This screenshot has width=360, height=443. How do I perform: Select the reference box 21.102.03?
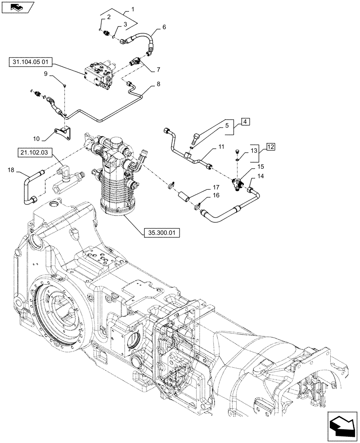tap(35, 153)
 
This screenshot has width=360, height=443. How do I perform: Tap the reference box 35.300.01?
tap(161, 232)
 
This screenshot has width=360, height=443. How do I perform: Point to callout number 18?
tap(11, 169)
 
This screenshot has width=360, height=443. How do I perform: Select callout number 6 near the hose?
tap(164, 27)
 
